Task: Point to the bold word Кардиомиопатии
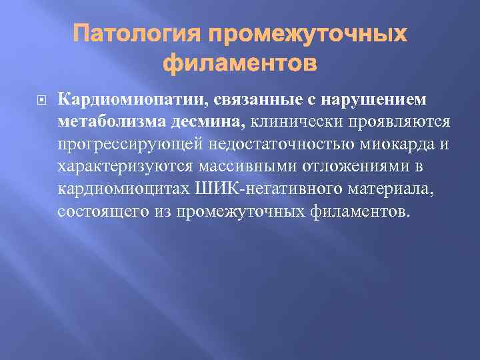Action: point(132,99)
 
